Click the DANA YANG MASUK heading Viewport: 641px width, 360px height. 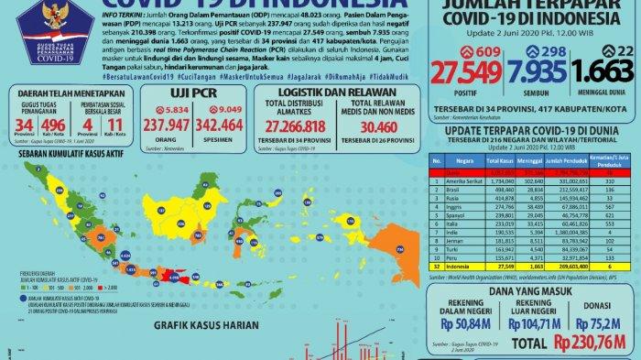(530, 287)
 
